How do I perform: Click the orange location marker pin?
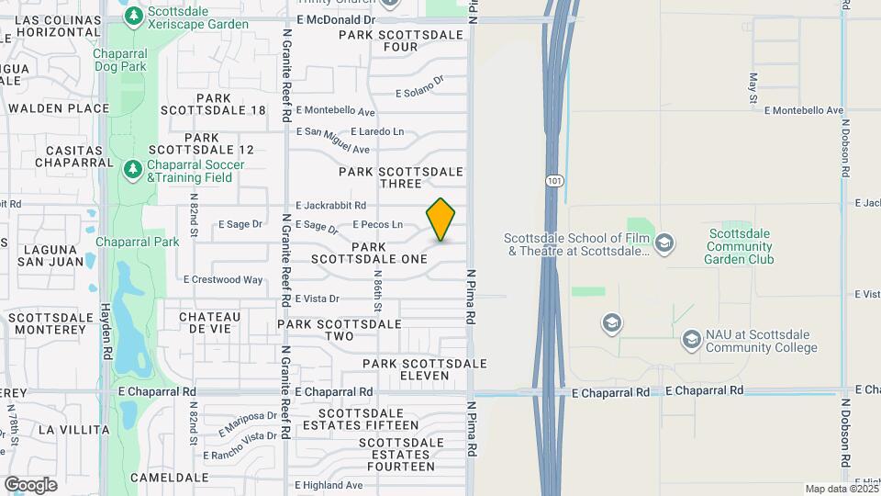pyautogui.click(x=440, y=220)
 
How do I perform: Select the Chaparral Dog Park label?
pyautogui.click(x=120, y=60)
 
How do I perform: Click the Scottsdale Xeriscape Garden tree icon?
pyautogui.click(x=134, y=16)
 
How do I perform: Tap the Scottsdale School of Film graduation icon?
pyautogui.click(x=665, y=243)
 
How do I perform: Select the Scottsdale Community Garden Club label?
pyautogui.click(x=740, y=246)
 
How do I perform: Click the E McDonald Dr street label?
pyautogui.click(x=336, y=19)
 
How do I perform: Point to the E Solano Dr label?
pyautogui.click(x=419, y=92)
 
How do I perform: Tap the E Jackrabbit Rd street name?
pyautogui.click(x=330, y=206)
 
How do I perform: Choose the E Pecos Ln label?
pyautogui.click(x=377, y=224)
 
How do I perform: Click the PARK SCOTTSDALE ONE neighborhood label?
pyautogui.click(x=369, y=253)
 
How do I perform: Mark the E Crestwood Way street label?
pyautogui.click(x=223, y=279)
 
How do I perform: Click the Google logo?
pyautogui.click(x=30, y=484)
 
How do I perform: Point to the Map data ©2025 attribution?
pyautogui.click(x=840, y=489)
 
